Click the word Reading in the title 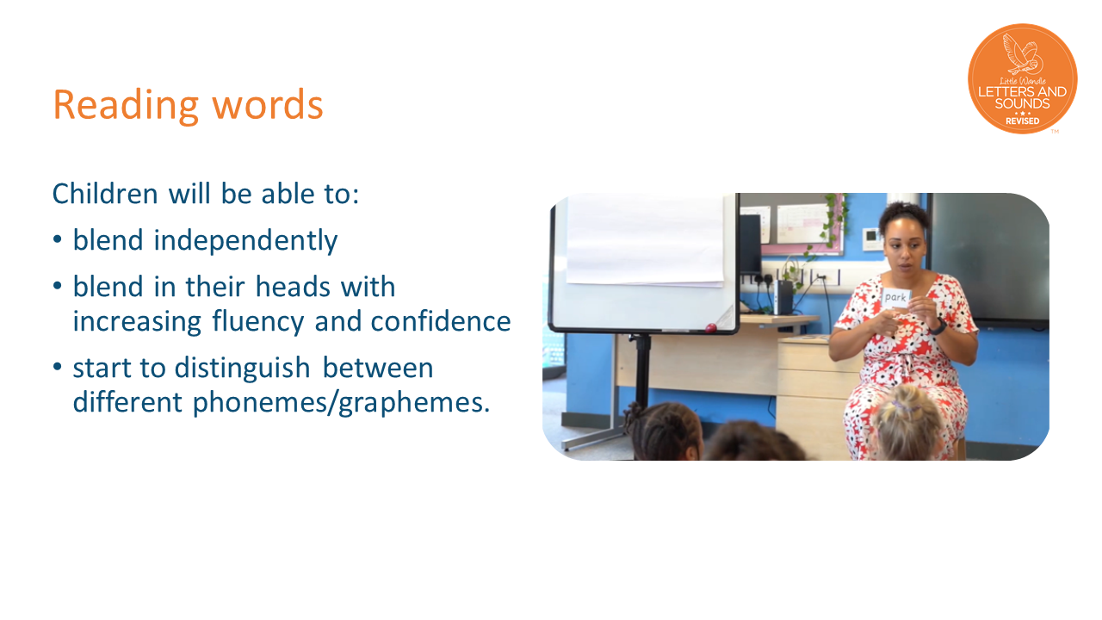click(x=126, y=105)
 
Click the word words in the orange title click(x=268, y=104)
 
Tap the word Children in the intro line click(x=105, y=194)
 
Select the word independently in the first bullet click(x=245, y=241)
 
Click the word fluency click(x=258, y=322)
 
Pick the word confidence click(x=441, y=321)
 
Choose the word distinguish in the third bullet click(x=242, y=369)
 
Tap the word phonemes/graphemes click(x=341, y=403)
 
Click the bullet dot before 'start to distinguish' click(x=58, y=367)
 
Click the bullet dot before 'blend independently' click(x=58, y=239)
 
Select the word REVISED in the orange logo click(x=1022, y=121)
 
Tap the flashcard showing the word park click(x=896, y=298)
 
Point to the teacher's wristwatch click(x=938, y=326)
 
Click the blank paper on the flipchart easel click(x=645, y=239)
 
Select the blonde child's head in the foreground click(x=908, y=422)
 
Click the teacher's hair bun click(x=904, y=213)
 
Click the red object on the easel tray click(x=709, y=328)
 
